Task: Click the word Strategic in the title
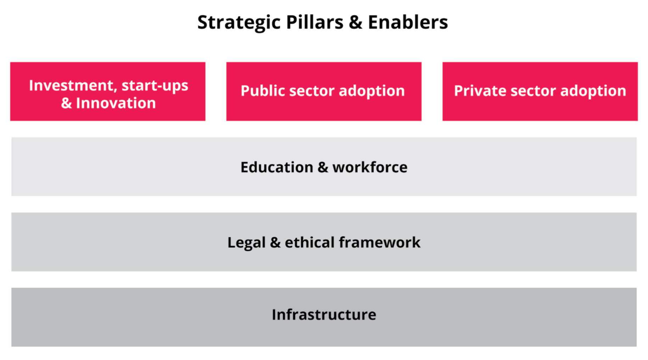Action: [x=239, y=23]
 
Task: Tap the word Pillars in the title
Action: [x=315, y=22]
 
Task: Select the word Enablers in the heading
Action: [x=408, y=22]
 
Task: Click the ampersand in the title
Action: [x=356, y=22]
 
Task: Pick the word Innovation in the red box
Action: [x=116, y=103]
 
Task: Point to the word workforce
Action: [x=370, y=167]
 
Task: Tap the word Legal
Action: [x=246, y=243]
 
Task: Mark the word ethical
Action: [x=309, y=242]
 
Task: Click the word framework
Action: [x=380, y=242]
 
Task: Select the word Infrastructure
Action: [x=324, y=315]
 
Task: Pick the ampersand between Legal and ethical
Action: [x=275, y=243]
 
